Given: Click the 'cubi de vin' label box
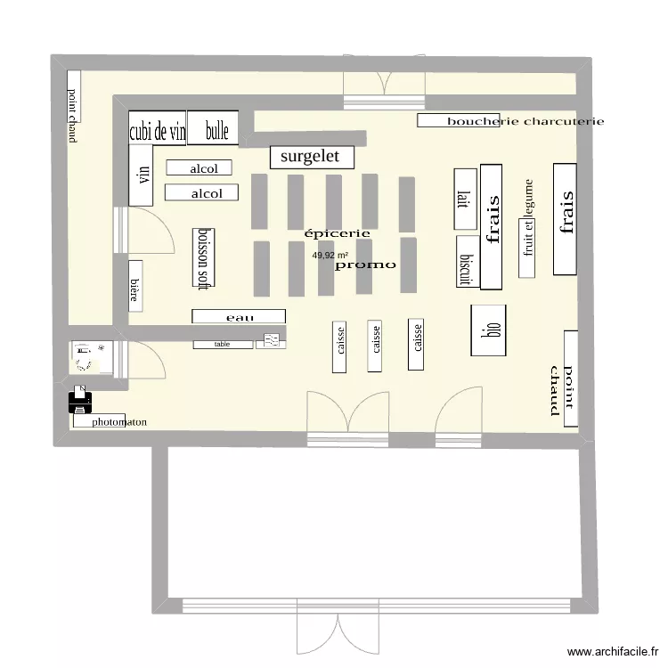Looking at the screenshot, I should [x=158, y=132].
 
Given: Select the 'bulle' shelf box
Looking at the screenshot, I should [x=212, y=131].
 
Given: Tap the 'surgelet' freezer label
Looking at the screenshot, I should [x=311, y=157].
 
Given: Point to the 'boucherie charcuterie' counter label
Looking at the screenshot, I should [x=511, y=121].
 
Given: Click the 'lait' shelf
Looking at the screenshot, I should [x=462, y=199].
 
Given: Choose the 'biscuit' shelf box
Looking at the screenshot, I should [x=465, y=263].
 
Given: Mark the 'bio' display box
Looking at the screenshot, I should [x=488, y=330].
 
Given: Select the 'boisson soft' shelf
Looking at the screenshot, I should [x=204, y=257].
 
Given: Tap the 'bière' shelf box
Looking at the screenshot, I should [x=135, y=286].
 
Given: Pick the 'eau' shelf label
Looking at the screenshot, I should [x=239, y=316].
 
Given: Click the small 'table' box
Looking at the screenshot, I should [x=223, y=344].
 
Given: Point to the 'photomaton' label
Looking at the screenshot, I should [x=119, y=422].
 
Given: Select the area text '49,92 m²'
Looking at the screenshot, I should [x=329, y=256].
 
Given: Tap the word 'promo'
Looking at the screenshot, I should [x=365, y=265].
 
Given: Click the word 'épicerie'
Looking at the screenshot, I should [x=338, y=233].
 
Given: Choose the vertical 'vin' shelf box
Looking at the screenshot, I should [x=141, y=175].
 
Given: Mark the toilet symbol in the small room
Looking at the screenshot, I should [x=84, y=356].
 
